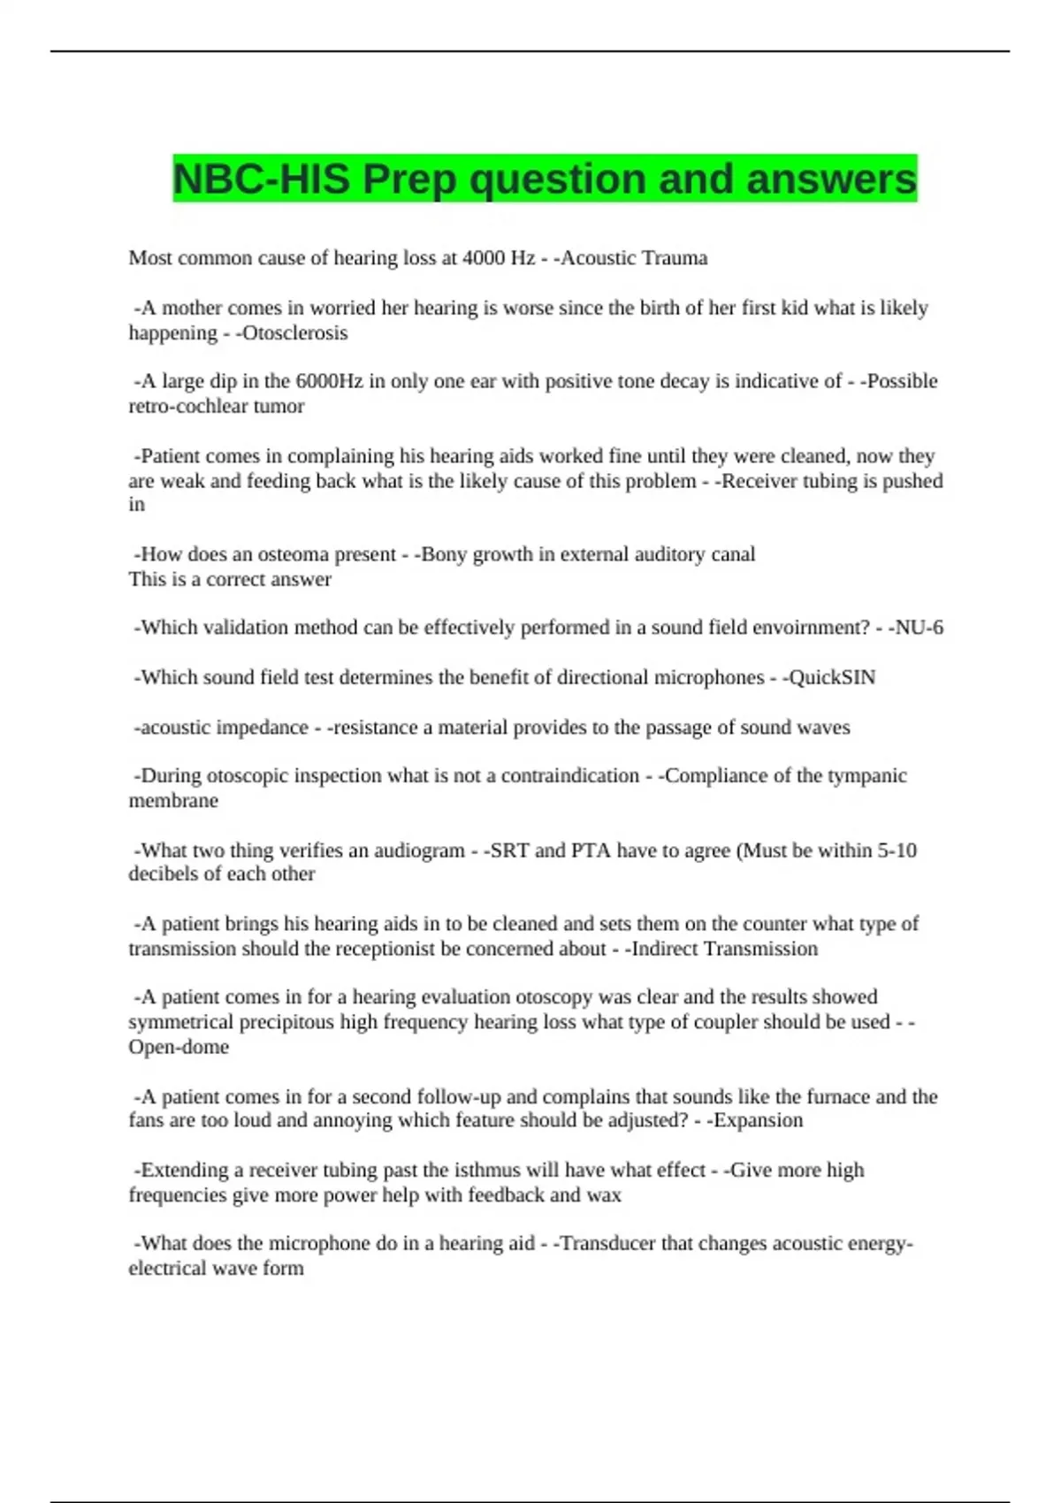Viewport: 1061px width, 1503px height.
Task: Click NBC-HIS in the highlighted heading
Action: [262, 179]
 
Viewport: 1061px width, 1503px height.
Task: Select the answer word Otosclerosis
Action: [294, 333]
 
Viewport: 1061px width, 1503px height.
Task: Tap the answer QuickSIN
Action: [832, 678]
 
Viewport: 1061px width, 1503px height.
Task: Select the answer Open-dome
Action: [179, 1048]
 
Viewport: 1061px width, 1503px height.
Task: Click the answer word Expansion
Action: [758, 1121]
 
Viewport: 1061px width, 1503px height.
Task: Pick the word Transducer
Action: [607, 1244]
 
